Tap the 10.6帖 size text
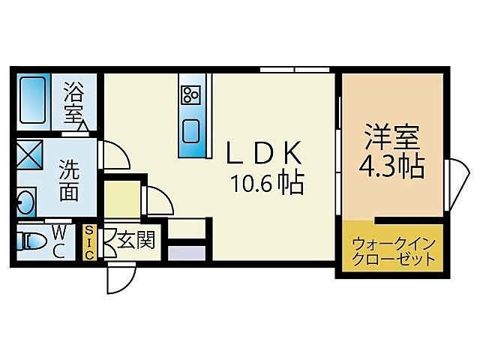[x=267, y=182]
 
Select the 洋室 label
[x=391, y=136]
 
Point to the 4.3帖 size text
[x=391, y=166]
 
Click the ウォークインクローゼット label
[x=393, y=252]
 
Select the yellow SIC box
[x=90, y=242]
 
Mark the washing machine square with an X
[x=31, y=155]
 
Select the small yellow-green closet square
[x=120, y=198]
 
